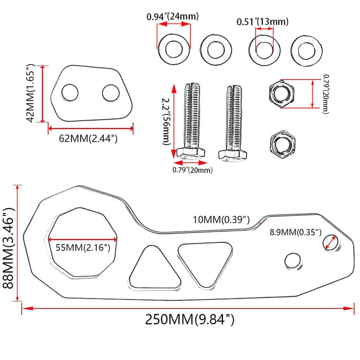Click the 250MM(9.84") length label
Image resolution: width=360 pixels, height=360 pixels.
click(190, 320)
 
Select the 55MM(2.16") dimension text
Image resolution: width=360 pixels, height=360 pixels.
click(83, 247)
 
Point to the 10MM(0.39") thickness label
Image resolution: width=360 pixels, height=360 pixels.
click(221, 219)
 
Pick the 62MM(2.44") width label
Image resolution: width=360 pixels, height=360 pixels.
click(88, 139)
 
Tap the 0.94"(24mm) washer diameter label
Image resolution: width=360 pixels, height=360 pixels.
click(172, 16)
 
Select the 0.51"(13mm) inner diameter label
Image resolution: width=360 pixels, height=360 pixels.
click(262, 22)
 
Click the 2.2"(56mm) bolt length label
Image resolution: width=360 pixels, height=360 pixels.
click(166, 121)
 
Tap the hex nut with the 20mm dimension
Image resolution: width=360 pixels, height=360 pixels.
click(282, 93)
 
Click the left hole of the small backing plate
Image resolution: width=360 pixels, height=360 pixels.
click(70, 92)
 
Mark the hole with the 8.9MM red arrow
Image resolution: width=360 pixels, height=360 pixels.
click(330, 242)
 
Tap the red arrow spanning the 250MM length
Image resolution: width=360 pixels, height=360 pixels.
click(187, 308)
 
